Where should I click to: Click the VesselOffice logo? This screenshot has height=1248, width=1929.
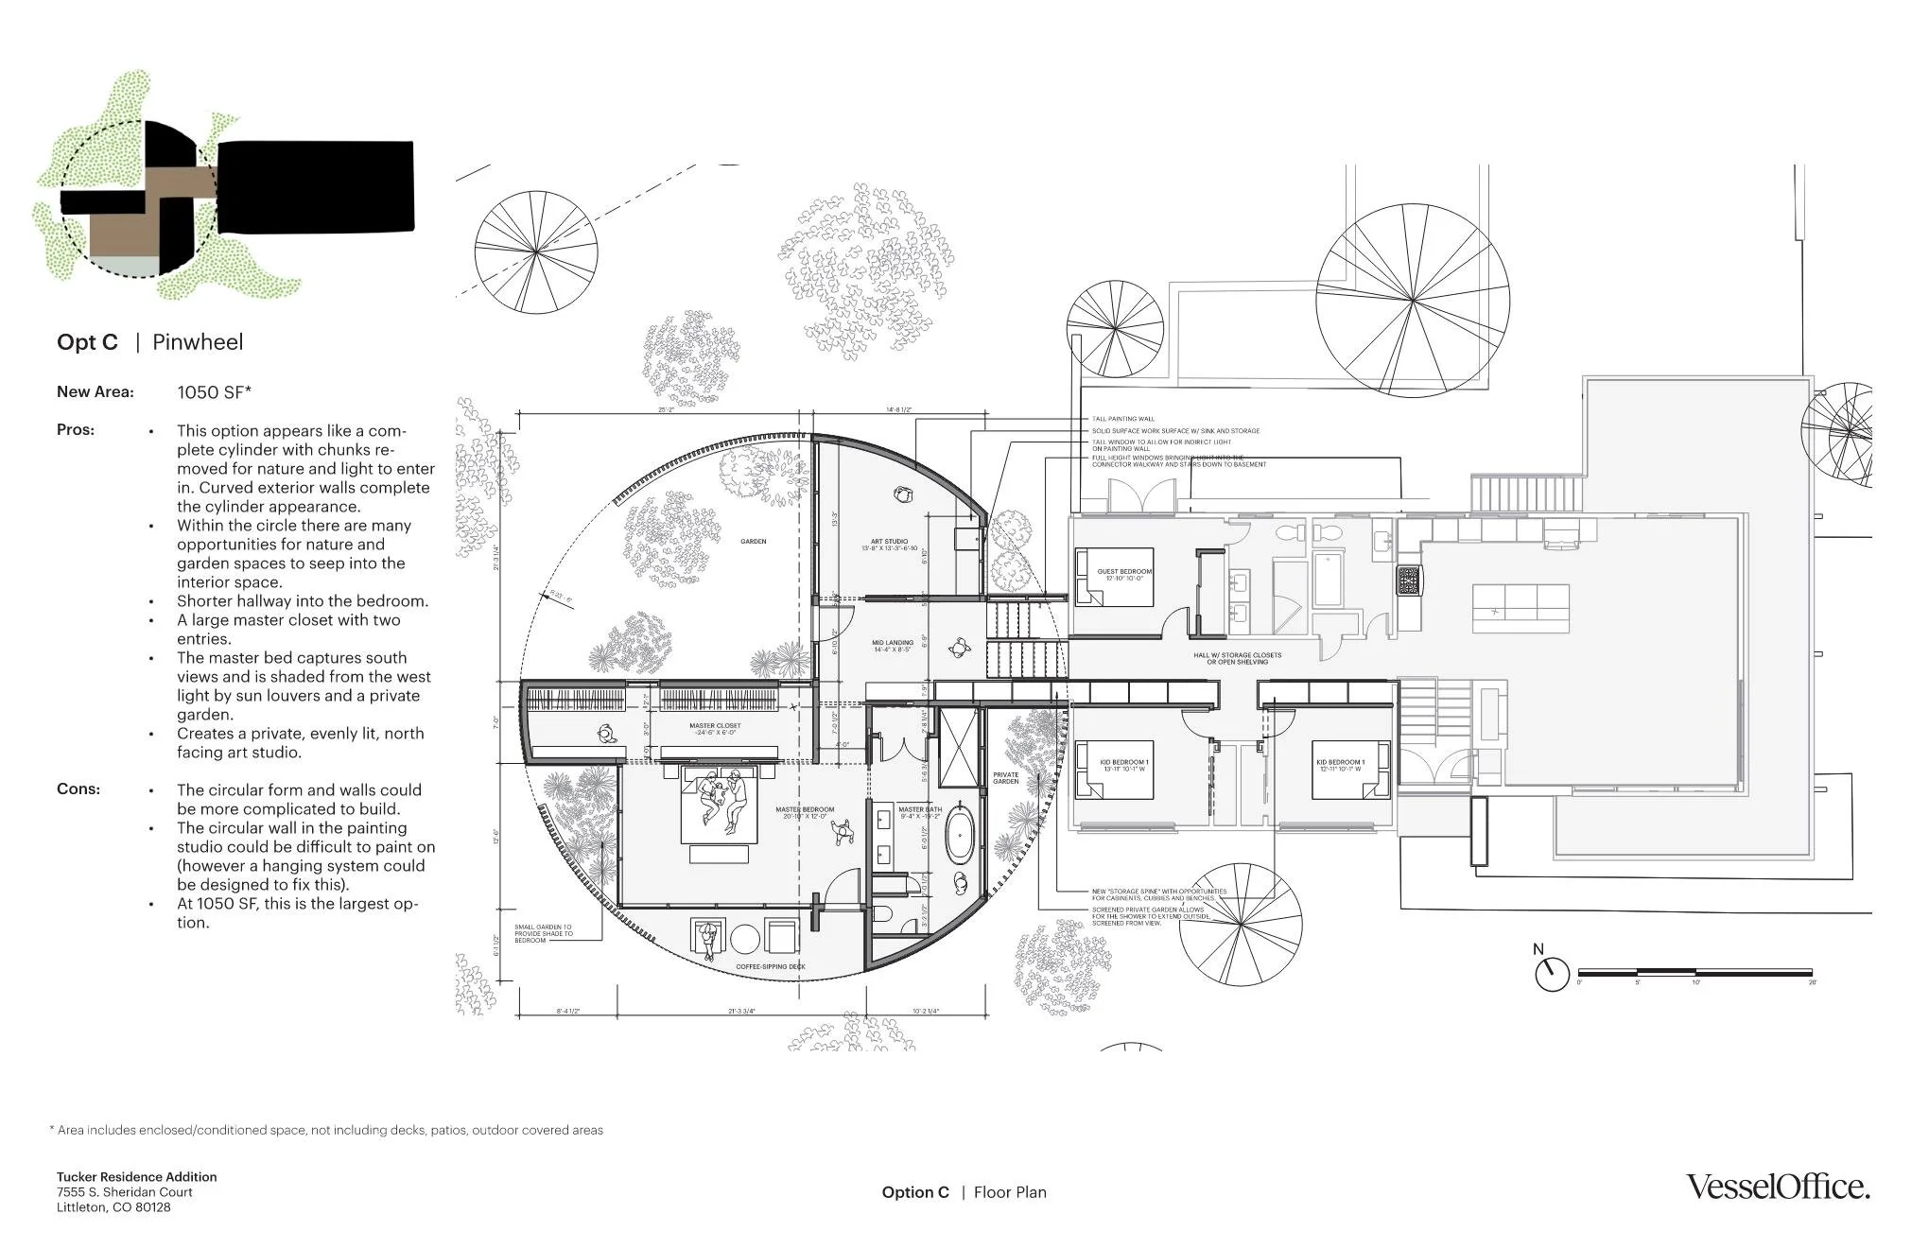1778,1187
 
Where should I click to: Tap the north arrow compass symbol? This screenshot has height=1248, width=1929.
1551,973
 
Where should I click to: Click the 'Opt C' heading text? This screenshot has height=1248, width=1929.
87,342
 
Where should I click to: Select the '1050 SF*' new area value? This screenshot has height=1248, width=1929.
214,392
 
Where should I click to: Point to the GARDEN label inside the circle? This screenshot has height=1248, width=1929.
753,542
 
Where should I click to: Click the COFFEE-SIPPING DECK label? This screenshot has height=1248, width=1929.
770,967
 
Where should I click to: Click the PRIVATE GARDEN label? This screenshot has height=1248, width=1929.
1006,778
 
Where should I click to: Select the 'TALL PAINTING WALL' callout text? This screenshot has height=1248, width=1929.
1123,419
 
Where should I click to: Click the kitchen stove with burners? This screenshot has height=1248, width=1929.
1408,581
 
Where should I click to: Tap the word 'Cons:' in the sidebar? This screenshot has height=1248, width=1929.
78,789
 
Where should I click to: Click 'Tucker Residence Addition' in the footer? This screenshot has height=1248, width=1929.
136,1177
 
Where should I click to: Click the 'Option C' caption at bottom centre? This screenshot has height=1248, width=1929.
914,1193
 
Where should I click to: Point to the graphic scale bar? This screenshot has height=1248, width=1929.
1694,973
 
